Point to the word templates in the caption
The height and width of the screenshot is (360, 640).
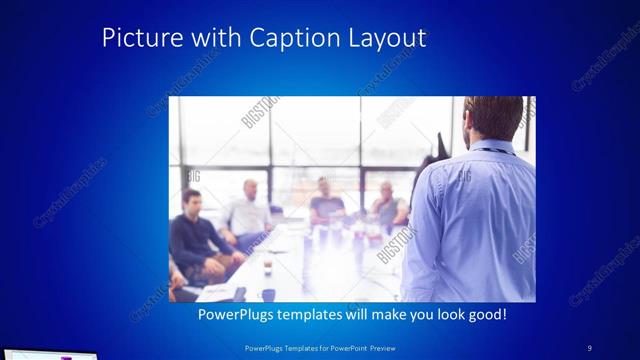pyautogui.click(x=316, y=315)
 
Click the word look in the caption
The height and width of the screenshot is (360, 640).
pyautogui.click(x=442, y=315)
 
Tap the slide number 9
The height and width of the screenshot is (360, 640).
pyautogui.click(x=589, y=347)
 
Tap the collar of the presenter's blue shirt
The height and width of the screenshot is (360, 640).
pyautogui.click(x=491, y=149)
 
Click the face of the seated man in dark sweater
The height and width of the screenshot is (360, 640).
pyautogui.click(x=191, y=200)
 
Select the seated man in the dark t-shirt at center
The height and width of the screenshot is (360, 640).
pyautogui.click(x=325, y=200)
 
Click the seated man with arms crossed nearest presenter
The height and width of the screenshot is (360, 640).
pyautogui.click(x=387, y=205)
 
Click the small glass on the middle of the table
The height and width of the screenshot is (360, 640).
pyautogui.click(x=267, y=264)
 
